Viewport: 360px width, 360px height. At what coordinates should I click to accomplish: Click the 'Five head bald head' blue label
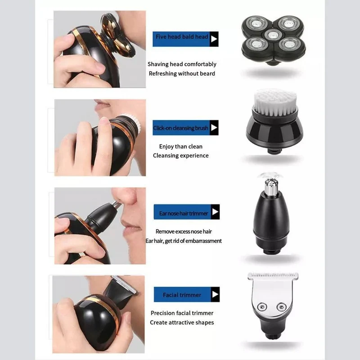pos(185,39)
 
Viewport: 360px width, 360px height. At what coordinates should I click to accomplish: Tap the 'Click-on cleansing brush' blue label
pos(185,128)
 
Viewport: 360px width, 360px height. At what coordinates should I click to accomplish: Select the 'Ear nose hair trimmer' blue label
pos(187,211)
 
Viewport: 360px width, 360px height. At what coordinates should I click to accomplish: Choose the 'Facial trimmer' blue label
pos(187,294)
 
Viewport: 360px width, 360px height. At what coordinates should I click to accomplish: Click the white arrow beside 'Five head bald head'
pos(214,39)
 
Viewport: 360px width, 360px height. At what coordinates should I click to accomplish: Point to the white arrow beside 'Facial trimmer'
pos(215,294)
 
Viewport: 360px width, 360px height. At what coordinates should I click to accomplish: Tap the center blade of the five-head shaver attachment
pos(273,35)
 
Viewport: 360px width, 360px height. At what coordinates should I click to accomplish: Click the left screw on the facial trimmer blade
pos(262,306)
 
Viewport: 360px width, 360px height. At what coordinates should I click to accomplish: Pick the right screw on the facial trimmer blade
pos(282,307)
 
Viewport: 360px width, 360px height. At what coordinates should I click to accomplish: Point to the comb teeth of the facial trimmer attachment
pos(273,275)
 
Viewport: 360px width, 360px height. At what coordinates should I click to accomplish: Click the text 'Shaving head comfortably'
pos(182,64)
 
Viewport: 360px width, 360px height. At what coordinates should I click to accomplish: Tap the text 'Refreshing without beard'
pos(182,73)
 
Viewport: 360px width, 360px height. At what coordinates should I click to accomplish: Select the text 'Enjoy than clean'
pos(181,147)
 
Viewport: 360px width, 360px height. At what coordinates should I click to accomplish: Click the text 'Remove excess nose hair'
pos(184,231)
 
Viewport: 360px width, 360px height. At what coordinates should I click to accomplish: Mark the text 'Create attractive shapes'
pos(182,322)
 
